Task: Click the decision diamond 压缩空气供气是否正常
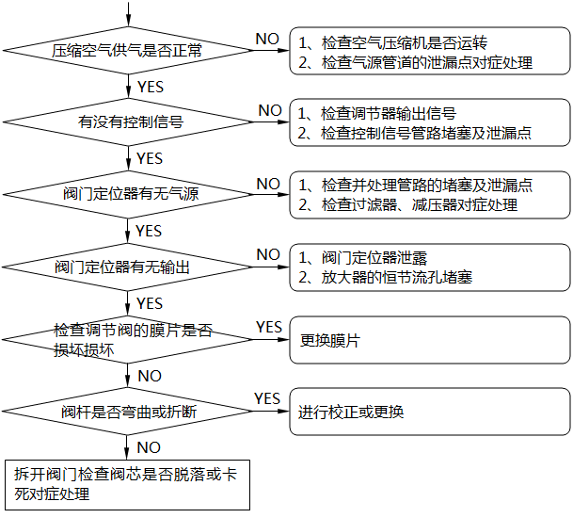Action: click(x=127, y=50)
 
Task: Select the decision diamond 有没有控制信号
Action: click(x=127, y=122)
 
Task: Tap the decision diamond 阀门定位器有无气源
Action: click(x=127, y=194)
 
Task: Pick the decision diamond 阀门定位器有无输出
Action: click(x=127, y=267)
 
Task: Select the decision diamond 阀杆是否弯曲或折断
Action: click(x=127, y=412)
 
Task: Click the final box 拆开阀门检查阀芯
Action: click(x=127, y=484)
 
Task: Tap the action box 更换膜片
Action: click(x=429, y=340)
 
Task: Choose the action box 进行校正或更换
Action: click(x=429, y=412)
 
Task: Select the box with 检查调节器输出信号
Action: click(x=429, y=123)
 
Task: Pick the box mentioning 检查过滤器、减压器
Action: click(x=429, y=195)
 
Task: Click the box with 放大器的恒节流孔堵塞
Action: click(x=429, y=267)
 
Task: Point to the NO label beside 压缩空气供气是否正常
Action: click(x=267, y=38)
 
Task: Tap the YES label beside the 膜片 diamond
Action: click(x=268, y=327)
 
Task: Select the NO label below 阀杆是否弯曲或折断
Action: click(x=149, y=446)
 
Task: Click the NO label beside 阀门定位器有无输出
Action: click(x=268, y=254)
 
